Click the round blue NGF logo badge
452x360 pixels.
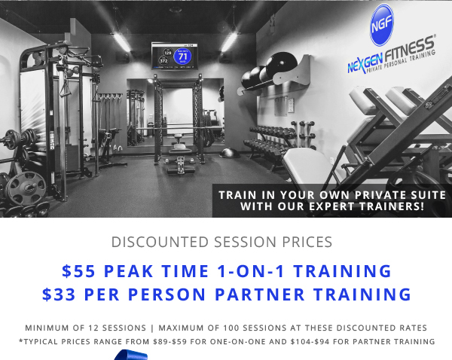382,25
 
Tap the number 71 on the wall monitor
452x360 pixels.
183,56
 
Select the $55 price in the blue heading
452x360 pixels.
78,271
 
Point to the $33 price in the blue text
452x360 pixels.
59,294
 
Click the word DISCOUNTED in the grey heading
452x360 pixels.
160,242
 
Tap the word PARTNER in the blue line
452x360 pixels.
260,294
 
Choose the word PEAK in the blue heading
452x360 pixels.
128,271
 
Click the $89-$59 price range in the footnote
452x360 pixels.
169,342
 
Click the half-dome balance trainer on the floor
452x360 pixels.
230,153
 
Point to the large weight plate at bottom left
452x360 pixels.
26,188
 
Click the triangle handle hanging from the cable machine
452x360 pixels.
65,88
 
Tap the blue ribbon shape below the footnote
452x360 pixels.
130,355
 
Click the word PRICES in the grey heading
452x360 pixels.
307,242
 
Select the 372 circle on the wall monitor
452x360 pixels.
163,61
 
